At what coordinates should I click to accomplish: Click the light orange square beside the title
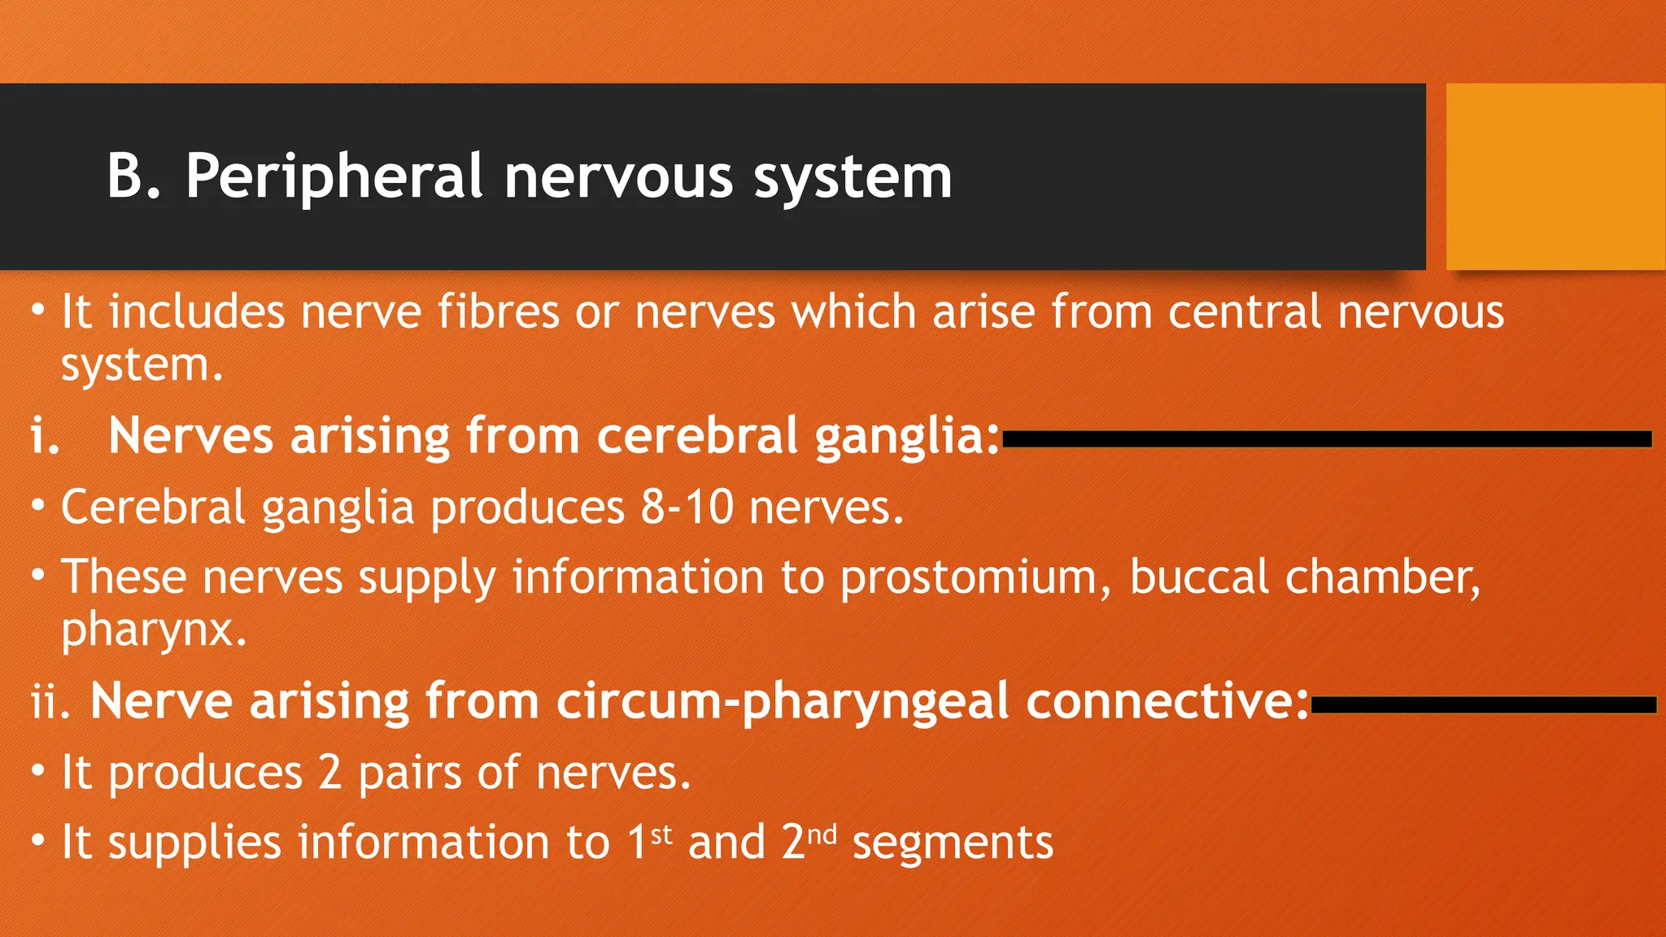(1555, 177)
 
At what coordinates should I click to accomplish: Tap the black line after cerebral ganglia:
(1327, 439)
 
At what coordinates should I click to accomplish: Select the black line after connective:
(1483, 704)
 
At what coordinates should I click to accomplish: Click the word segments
(953, 843)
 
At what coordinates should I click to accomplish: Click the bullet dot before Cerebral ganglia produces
(37, 506)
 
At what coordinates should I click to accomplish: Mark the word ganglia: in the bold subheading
(907, 437)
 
